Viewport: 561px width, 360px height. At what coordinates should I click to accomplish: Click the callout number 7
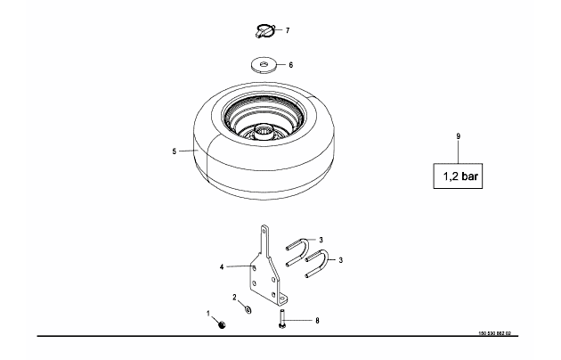(288, 31)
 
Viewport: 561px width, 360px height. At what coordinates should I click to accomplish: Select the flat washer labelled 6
(264, 65)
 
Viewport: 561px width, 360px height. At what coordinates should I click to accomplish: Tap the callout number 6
(291, 65)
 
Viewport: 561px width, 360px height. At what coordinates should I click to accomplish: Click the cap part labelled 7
(265, 31)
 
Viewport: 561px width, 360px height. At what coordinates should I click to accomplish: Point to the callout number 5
(175, 151)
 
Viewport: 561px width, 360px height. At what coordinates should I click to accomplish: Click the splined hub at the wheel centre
(264, 133)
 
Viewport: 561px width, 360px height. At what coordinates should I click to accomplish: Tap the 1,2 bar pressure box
(458, 176)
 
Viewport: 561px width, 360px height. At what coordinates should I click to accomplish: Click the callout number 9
(459, 136)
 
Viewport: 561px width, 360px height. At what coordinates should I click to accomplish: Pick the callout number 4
(222, 267)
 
